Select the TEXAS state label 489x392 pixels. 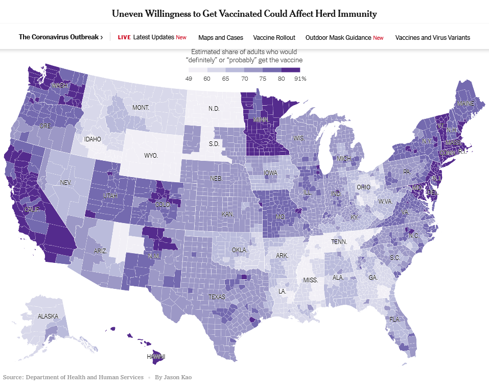(217, 297)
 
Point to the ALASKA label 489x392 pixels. (49, 316)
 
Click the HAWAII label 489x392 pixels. (156, 356)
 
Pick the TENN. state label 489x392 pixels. (339, 241)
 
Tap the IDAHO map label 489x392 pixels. (93, 139)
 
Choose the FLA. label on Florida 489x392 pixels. (394, 319)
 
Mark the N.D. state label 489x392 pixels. (214, 109)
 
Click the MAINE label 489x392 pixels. (465, 104)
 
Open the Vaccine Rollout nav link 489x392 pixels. (274, 37)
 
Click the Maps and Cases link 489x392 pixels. (221, 37)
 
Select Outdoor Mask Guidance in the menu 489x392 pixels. (338, 37)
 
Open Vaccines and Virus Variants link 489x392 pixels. (433, 37)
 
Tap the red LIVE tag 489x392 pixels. (124, 37)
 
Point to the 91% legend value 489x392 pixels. (300, 79)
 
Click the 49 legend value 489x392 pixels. (189, 79)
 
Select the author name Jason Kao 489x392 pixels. (177, 377)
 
